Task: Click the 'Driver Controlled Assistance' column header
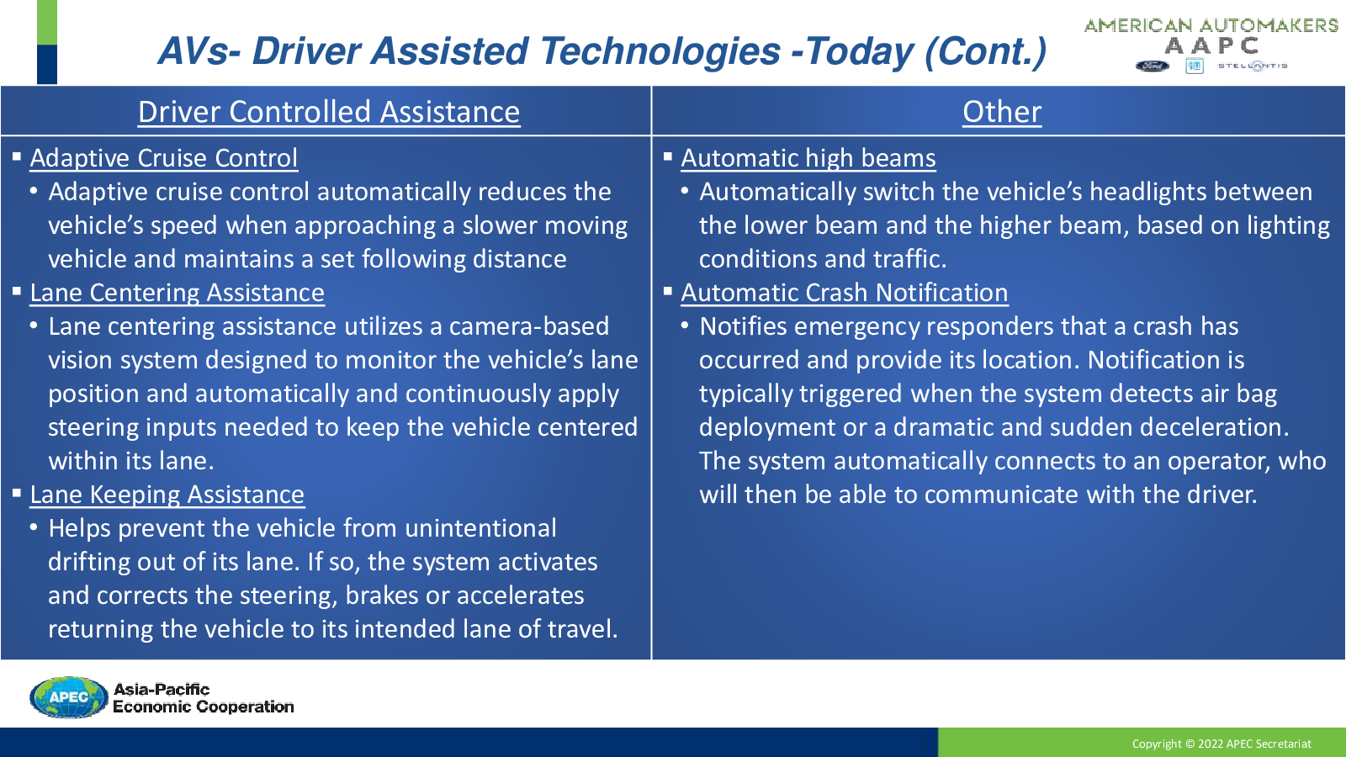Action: point(329,112)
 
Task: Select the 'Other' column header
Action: point(1002,112)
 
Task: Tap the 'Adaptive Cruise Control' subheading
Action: point(163,158)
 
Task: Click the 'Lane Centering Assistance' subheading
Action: point(178,293)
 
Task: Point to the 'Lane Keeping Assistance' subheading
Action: point(167,495)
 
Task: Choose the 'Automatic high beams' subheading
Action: point(808,158)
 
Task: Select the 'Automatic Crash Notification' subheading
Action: point(845,293)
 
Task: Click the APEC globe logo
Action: point(68,697)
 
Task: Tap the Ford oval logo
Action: point(1152,66)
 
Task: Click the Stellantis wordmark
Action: point(1253,66)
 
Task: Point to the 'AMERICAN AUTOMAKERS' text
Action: point(1211,25)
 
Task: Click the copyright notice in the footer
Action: point(1221,744)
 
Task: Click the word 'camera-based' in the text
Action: point(529,326)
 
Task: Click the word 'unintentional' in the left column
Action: point(480,528)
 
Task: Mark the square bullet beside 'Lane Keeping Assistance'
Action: point(17,494)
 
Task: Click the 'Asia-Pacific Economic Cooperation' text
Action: point(203,697)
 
